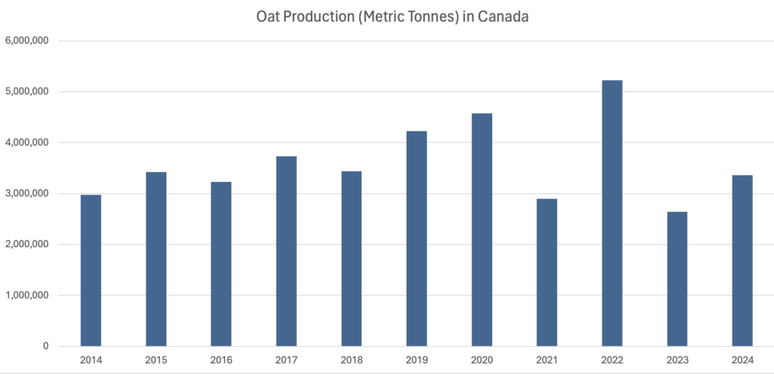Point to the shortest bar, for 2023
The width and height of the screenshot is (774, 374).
pos(677,279)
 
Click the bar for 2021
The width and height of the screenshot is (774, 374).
pos(547,272)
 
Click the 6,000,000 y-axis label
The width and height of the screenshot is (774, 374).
pos(27,41)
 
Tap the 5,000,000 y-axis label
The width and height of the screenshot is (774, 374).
pos(27,91)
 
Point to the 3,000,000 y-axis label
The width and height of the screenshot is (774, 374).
pos(27,193)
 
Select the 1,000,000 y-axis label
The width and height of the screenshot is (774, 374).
pos(27,295)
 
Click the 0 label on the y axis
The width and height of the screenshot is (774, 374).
pos(45,347)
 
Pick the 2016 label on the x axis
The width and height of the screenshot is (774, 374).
pos(221,360)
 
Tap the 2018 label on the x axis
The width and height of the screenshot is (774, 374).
pos(351,360)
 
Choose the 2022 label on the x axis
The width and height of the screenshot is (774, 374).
pos(612,360)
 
